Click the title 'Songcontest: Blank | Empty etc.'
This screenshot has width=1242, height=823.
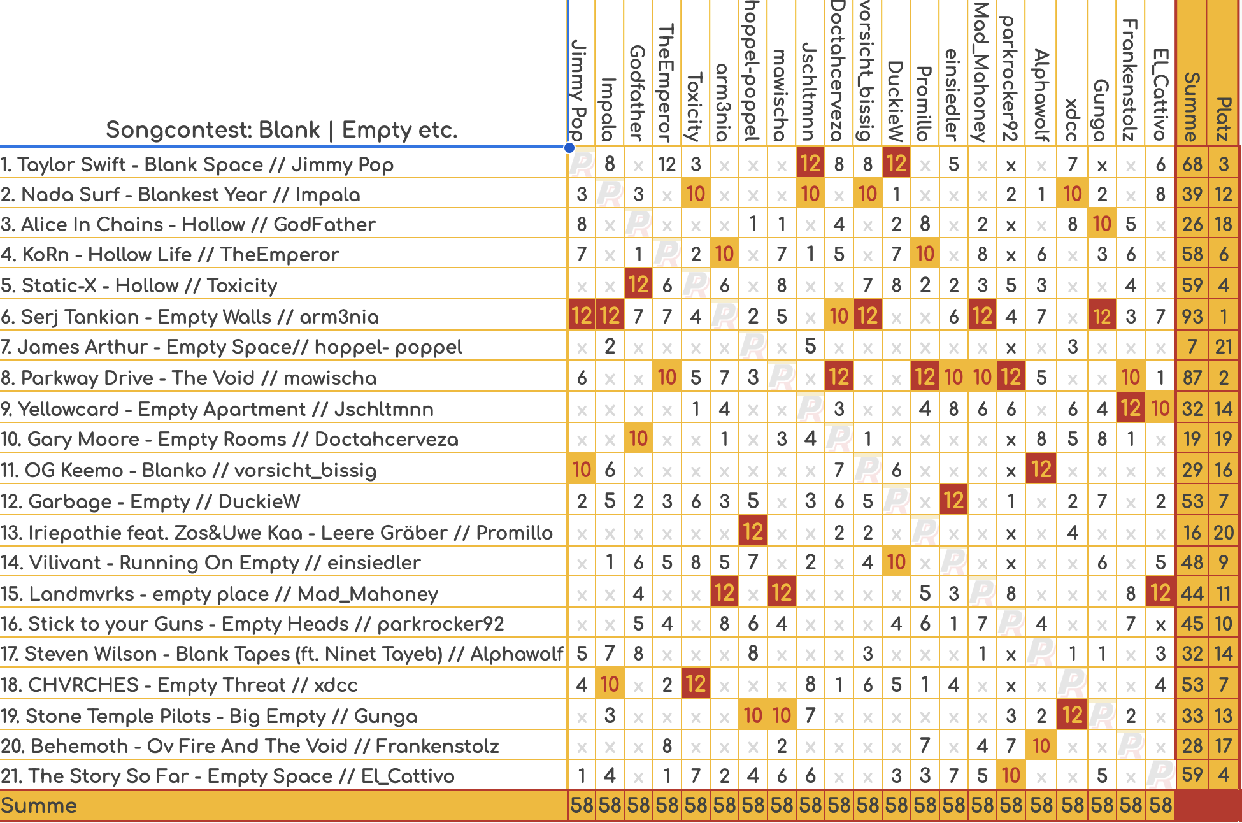282,130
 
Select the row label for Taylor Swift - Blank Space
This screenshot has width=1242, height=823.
197,164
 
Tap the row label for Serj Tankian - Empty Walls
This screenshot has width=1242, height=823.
190,317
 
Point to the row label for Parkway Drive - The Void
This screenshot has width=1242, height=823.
189,378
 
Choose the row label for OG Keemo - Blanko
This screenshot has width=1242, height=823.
189,471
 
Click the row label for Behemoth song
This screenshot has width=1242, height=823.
250,746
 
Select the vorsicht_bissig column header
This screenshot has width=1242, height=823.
866,70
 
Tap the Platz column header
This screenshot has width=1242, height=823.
1223,118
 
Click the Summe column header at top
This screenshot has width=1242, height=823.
1191,106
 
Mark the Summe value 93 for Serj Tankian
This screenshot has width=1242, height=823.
1192,317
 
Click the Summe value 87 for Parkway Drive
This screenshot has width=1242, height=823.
1192,378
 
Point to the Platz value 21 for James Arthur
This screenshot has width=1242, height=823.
1224,347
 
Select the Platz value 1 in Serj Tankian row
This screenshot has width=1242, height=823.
1224,317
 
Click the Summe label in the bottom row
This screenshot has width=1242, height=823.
39,806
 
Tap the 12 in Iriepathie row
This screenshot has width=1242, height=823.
753,532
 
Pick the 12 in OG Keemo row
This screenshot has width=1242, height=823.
1041,469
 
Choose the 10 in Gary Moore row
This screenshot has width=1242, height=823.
638,439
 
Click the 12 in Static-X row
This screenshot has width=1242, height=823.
638,285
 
